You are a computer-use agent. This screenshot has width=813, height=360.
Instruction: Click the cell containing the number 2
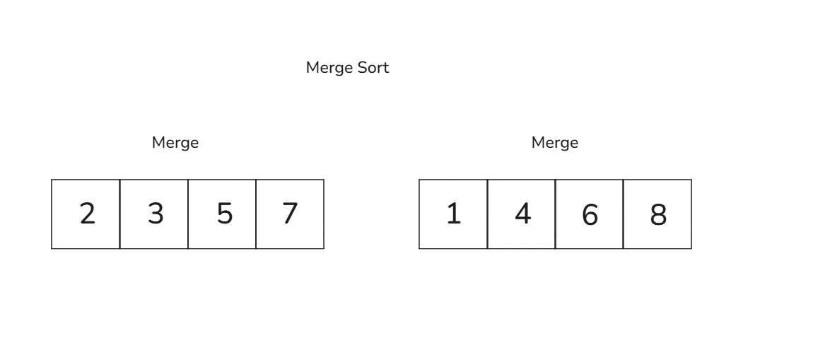tap(86, 214)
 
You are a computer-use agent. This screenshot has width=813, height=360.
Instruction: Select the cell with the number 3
tap(154, 214)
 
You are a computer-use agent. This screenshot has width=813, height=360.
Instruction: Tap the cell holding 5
tap(222, 214)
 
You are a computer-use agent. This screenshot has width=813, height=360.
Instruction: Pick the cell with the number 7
tap(290, 214)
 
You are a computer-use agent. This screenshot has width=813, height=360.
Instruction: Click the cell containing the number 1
tap(453, 214)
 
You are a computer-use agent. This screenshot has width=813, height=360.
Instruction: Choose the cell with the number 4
tap(522, 214)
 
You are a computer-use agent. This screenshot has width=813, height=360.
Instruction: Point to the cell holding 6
tap(590, 214)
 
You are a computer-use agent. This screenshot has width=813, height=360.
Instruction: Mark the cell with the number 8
tap(657, 214)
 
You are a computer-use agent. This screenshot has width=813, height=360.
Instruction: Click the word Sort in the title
tap(373, 69)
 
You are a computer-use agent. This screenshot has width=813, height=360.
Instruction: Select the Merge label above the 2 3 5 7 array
tap(175, 143)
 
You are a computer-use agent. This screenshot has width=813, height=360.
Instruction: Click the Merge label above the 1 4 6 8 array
tap(555, 143)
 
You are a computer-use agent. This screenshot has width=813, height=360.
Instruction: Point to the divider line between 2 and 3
tap(120, 214)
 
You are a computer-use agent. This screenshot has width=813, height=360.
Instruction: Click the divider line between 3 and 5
tap(188, 214)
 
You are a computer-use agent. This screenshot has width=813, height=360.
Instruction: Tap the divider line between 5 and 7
tap(256, 214)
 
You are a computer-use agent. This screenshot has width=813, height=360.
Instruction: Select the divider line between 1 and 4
tap(488, 214)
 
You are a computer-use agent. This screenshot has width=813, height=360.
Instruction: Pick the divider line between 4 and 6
tap(556, 214)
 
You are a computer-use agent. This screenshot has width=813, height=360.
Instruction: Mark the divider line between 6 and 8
tap(624, 214)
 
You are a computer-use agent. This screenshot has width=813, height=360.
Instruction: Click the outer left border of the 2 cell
tap(52, 214)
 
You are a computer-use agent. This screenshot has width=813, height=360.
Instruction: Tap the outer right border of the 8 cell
tap(691, 214)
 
